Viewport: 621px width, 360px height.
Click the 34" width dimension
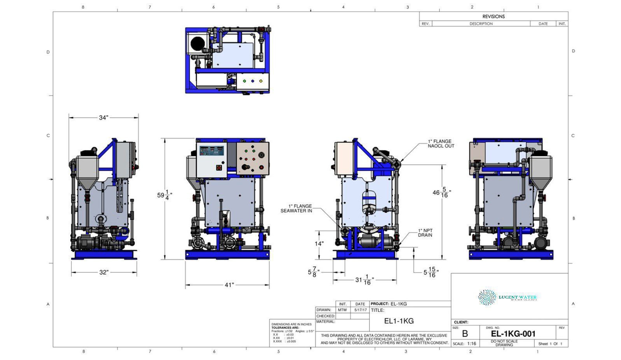[x=103, y=117]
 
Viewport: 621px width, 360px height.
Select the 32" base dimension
[x=103, y=272]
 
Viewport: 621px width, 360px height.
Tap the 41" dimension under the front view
[x=229, y=285]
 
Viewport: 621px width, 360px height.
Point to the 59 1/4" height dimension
[x=164, y=195]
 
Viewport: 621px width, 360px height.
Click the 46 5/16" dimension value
[x=442, y=192]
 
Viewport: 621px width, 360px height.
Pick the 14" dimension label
[x=319, y=243]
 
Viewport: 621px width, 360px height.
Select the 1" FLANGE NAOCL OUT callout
[x=441, y=143]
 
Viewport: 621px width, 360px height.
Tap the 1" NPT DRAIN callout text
[x=425, y=232]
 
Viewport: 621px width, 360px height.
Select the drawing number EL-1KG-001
[x=513, y=334]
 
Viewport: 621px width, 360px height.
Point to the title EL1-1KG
[x=399, y=321]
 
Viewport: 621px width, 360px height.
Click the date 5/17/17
[x=360, y=310]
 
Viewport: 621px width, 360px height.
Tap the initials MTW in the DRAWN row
[x=342, y=310]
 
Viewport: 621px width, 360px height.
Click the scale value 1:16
[x=472, y=344]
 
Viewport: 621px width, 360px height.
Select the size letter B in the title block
[x=465, y=334]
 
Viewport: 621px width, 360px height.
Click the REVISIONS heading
[x=493, y=16]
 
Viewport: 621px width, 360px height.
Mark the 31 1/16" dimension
[x=364, y=280]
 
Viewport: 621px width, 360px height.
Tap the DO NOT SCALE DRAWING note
[x=504, y=343]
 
